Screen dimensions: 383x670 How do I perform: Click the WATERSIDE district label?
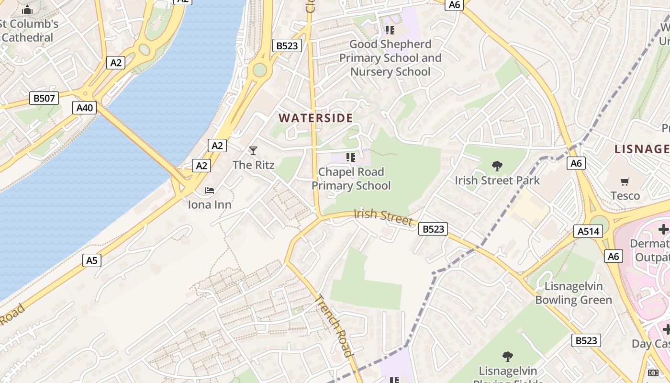316,118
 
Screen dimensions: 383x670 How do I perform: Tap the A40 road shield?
85,108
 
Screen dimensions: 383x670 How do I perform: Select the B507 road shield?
44,99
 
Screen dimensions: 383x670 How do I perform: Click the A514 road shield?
588,232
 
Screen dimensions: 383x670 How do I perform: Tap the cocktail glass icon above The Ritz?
253,151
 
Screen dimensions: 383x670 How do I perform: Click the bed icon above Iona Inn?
210,191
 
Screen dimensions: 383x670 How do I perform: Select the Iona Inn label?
210,205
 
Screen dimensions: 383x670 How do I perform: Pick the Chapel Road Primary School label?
351,179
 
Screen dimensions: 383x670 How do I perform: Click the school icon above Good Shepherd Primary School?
390,30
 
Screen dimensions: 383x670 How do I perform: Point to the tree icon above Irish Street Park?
497,166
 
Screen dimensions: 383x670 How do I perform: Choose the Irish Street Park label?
497,180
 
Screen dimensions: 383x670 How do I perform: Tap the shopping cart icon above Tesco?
625,182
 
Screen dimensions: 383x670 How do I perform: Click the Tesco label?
625,196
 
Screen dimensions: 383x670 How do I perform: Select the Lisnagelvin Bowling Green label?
573,293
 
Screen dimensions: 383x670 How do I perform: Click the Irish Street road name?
383,217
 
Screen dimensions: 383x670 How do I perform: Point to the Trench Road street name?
334,326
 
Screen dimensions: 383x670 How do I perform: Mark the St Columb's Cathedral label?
29,31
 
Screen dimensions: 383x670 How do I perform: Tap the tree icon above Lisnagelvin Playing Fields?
508,357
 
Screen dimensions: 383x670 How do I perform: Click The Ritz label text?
253,165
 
